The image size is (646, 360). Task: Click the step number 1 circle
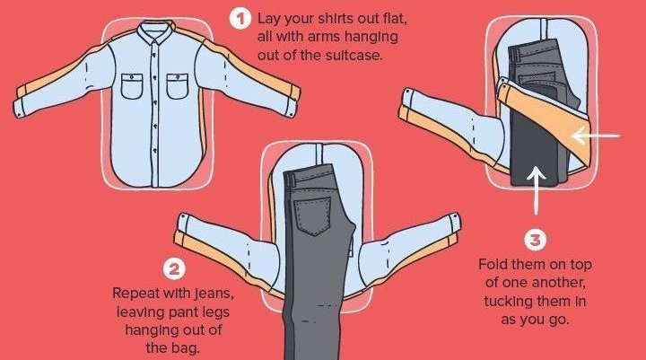click(240, 19)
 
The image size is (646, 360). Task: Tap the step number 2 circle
click(174, 269)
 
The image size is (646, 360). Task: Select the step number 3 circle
click(535, 240)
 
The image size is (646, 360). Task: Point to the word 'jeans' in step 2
click(214, 294)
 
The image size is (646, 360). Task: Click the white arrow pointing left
click(596, 136)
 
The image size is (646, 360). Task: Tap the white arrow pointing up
click(536, 190)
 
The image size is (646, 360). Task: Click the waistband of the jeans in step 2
click(308, 174)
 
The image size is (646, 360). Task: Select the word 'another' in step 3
click(559, 283)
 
